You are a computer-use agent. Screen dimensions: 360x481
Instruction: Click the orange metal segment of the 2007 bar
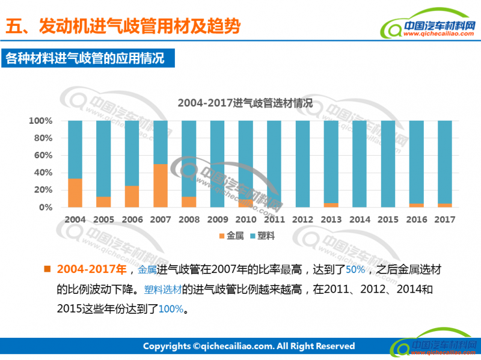coord(161,186)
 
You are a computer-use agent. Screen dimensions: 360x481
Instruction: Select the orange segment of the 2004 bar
coord(75,193)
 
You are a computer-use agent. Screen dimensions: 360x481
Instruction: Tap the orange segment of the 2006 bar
coord(132,197)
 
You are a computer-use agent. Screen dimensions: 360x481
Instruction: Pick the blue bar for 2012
coord(303,163)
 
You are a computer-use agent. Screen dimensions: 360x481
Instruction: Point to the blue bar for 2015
coord(388,163)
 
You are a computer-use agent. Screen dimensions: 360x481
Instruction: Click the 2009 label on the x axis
coord(218,220)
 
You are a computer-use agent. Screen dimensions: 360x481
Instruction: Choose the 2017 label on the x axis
coord(446,220)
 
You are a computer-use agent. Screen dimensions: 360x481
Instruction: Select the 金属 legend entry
coord(230,236)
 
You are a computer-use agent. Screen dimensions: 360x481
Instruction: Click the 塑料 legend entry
coord(262,236)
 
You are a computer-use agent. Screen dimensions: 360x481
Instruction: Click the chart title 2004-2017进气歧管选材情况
coord(245,103)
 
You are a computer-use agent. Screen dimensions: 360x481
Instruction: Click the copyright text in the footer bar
coord(248,346)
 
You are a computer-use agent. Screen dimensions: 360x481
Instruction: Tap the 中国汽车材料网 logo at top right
coord(432,29)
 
